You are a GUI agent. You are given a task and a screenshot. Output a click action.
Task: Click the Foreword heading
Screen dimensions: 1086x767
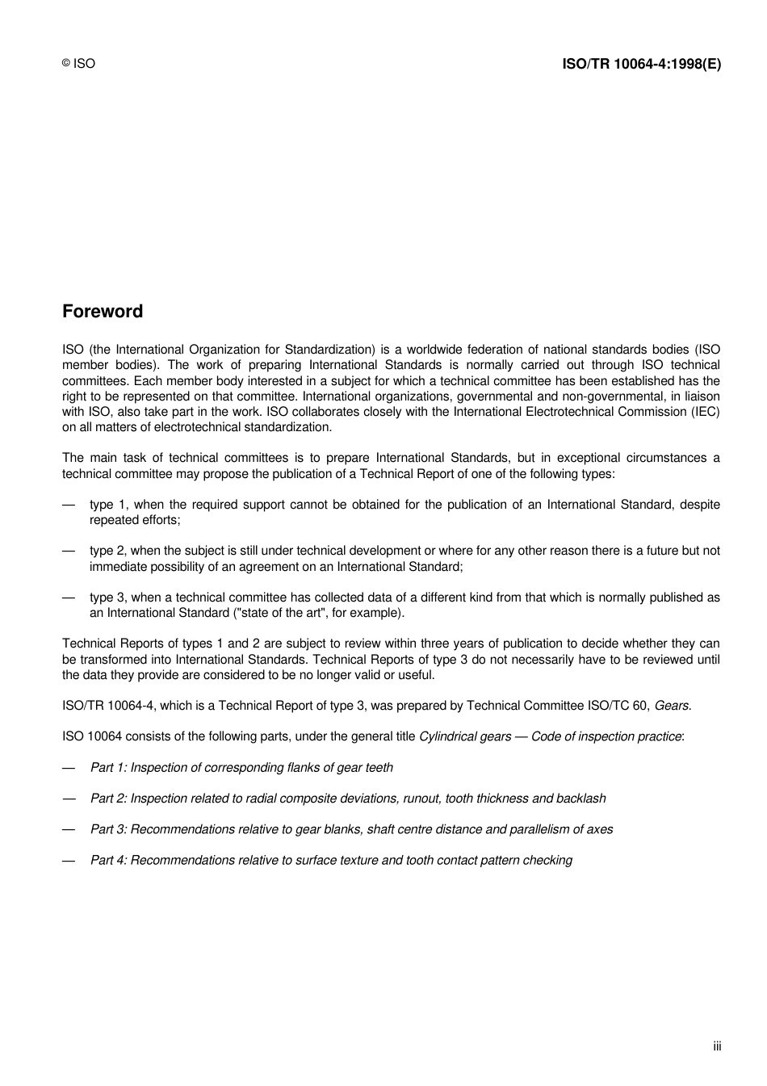click(103, 312)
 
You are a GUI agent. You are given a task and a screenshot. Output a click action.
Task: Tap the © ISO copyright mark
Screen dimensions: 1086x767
click(78, 64)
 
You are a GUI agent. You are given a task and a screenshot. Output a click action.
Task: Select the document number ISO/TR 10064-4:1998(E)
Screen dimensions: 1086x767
click(641, 64)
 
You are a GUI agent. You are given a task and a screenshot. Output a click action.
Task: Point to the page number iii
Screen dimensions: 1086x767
click(717, 1046)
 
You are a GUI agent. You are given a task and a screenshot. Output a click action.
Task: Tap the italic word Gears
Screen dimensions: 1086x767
click(673, 706)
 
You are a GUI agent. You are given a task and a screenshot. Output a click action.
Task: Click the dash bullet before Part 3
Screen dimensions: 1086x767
click(69, 829)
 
